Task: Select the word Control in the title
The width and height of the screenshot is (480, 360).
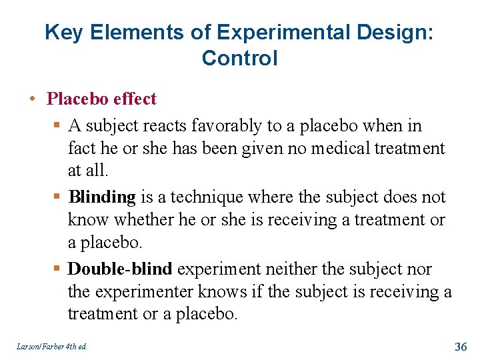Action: tap(239, 58)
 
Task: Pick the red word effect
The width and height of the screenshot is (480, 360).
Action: tap(135, 99)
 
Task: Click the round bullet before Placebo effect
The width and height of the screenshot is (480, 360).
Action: tap(32, 100)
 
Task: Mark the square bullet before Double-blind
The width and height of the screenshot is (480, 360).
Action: tap(58, 269)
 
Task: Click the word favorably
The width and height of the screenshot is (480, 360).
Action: tap(227, 125)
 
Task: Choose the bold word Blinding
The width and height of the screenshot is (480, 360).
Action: tap(102, 197)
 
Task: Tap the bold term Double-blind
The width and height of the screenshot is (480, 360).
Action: tap(120, 269)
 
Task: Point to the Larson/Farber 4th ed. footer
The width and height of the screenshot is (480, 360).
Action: tap(53, 346)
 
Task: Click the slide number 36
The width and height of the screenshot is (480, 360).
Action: tap(460, 346)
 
